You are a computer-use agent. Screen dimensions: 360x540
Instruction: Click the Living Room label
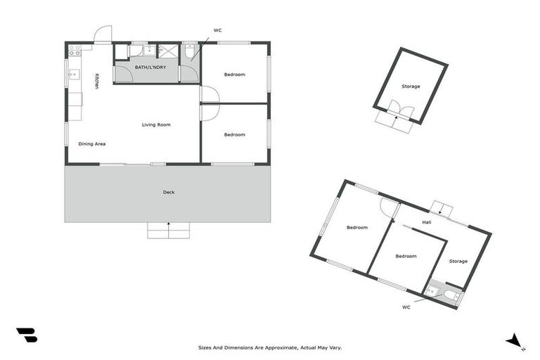coord(156,125)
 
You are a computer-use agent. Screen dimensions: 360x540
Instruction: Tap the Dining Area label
coord(92,144)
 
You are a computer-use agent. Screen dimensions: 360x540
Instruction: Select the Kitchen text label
coord(97,81)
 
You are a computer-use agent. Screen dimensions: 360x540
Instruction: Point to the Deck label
coord(169,193)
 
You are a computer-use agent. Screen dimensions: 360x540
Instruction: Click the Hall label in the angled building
coord(427,223)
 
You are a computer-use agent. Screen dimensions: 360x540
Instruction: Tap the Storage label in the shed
coord(411,86)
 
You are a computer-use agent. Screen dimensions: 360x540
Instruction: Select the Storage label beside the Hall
coord(458,262)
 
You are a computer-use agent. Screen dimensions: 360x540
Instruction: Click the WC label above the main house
coord(217,30)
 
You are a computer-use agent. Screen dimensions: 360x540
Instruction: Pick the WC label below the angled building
coord(406,307)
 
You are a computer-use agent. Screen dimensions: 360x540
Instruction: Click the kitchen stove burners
coord(74,49)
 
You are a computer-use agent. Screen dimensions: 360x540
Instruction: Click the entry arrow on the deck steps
coord(169,225)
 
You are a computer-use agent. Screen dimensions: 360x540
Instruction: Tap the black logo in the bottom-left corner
coord(27,335)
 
